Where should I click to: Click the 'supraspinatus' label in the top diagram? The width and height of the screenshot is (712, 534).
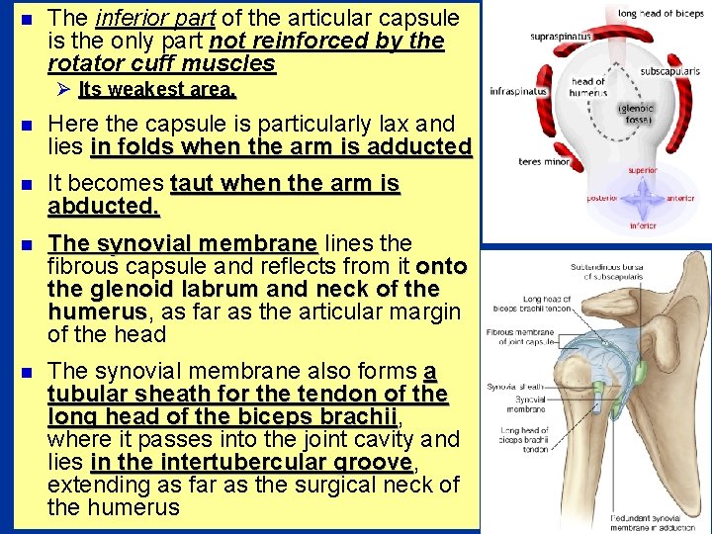tap(561, 37)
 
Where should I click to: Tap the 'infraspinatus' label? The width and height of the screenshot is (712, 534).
tap(518, 91)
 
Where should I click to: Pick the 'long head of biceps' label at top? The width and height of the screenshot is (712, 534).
tap(661, 14)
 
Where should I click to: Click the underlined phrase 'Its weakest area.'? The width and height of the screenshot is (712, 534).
tap(157, 90)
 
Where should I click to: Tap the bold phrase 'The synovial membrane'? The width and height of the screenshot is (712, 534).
tap(182, 243)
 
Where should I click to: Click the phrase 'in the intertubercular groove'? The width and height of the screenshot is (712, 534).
tap(252, 463)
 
